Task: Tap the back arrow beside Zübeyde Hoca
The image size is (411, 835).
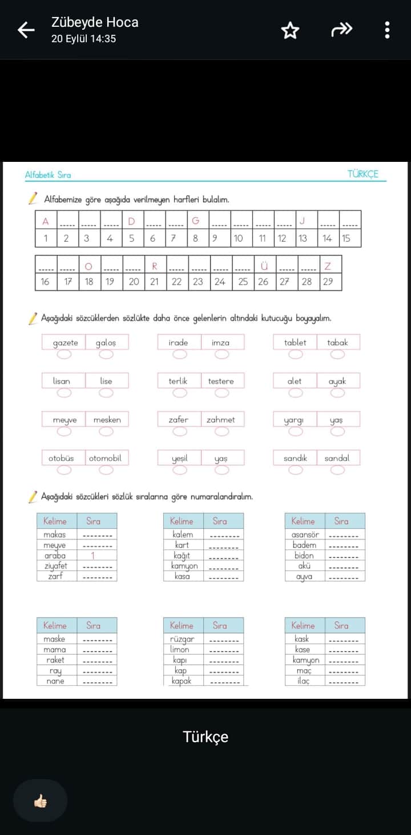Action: [26, 30]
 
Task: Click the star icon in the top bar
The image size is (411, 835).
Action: [290, 30]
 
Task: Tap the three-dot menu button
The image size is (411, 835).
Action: [387, 30]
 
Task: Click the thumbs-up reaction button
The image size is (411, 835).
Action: [40, 801]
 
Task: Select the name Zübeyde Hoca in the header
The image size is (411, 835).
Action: [95, 22]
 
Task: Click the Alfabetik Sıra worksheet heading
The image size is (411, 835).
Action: [48, 175]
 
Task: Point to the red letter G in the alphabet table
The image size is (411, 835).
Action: [195, 221]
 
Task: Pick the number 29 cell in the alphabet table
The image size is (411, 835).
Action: [328, 282]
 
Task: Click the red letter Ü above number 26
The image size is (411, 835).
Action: [264, 266]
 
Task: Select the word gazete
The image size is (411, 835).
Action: [65, 343]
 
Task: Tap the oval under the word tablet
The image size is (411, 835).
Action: [296, 355]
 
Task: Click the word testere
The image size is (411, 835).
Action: [221, 381]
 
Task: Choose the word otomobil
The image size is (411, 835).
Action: [105, 458]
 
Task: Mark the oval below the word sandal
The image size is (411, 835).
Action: [337, 470]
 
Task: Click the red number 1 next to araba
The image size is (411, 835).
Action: [93, 556]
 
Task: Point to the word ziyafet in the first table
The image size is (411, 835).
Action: [55, 566]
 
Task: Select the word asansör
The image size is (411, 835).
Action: [305, 535]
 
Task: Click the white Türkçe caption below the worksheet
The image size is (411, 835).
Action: [205, 736]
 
